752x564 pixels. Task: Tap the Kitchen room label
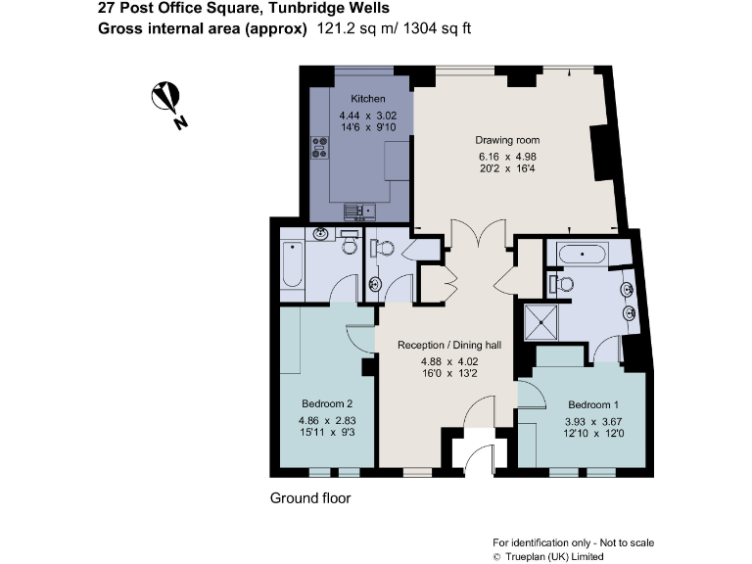pos(368,99)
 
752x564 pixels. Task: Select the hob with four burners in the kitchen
pos(319,148)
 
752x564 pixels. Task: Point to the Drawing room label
pos(507,140)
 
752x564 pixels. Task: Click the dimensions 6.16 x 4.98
pos(507,156)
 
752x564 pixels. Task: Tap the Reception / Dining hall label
pos(449,345)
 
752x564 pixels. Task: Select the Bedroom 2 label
pos(326,403)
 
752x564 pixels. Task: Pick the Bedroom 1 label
pos(594,404)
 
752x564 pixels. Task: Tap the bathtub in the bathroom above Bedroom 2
pos(292,261)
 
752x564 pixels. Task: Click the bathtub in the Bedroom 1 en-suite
pos(584,255)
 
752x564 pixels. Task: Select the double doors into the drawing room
pos(463,236)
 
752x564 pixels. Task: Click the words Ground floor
pos(309,498)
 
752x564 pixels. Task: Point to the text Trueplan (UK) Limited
pos(554,556)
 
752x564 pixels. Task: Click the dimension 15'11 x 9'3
pos(326,432)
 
